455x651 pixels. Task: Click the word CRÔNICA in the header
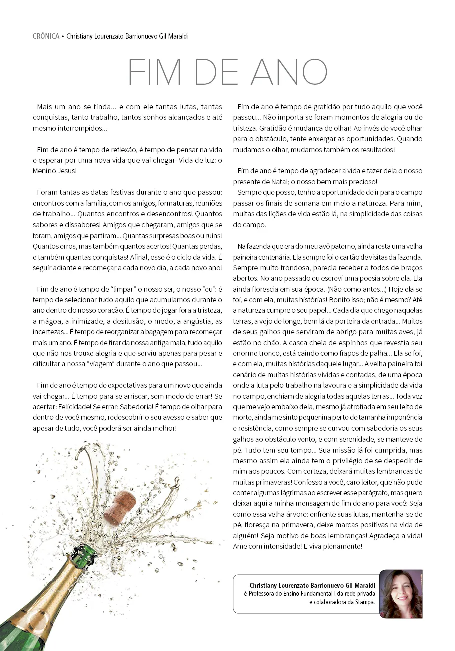[46, 36]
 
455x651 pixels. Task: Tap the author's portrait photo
[401, 594]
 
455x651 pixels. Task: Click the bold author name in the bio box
[312, 585]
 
